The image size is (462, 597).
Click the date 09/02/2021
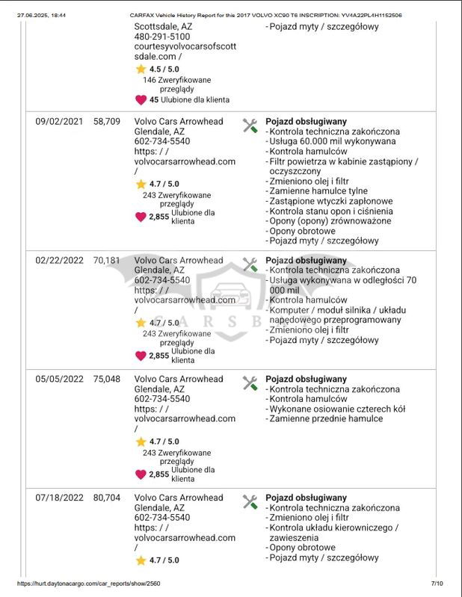(x=60, y=120)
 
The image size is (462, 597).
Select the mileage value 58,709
(x=106, y=120)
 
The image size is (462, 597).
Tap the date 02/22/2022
(x=60, y=260)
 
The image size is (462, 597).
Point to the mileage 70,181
(x=106, y=260)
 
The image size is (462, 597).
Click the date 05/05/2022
(x=60, y=379)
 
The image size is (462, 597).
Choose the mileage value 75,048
(x=106, y=379)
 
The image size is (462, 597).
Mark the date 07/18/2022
(x=60, y=498)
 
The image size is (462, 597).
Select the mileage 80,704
(x=106, y=498)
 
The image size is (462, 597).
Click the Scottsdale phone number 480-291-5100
(x=161, y=36)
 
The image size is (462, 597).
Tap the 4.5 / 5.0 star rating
(x=164, y=68)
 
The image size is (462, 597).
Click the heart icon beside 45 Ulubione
(x=141, y=99)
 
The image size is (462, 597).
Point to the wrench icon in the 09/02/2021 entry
(x=250, y=126)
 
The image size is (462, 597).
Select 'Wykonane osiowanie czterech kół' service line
(x=336, y=409)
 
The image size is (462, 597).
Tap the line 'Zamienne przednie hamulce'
(x=325, y=419)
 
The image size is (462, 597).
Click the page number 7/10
(x=437, y=584)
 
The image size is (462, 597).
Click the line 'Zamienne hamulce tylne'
(x=318, y=191)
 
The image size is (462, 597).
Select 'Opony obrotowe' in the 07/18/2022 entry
(x=301, y=548)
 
